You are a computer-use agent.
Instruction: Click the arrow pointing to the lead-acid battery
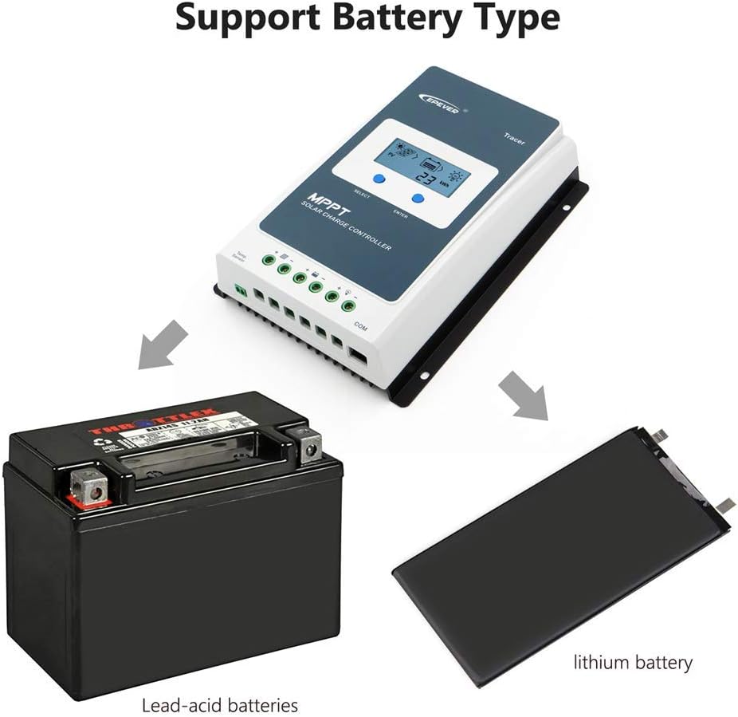163,345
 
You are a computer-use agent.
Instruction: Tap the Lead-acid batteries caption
219,705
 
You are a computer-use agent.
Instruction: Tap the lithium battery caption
634,662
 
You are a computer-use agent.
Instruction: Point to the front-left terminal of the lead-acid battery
88,487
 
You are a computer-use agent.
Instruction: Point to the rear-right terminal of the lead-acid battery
304,443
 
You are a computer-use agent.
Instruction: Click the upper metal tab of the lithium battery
660,436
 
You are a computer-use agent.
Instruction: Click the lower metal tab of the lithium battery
725,505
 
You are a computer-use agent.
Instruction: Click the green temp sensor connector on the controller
241,292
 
